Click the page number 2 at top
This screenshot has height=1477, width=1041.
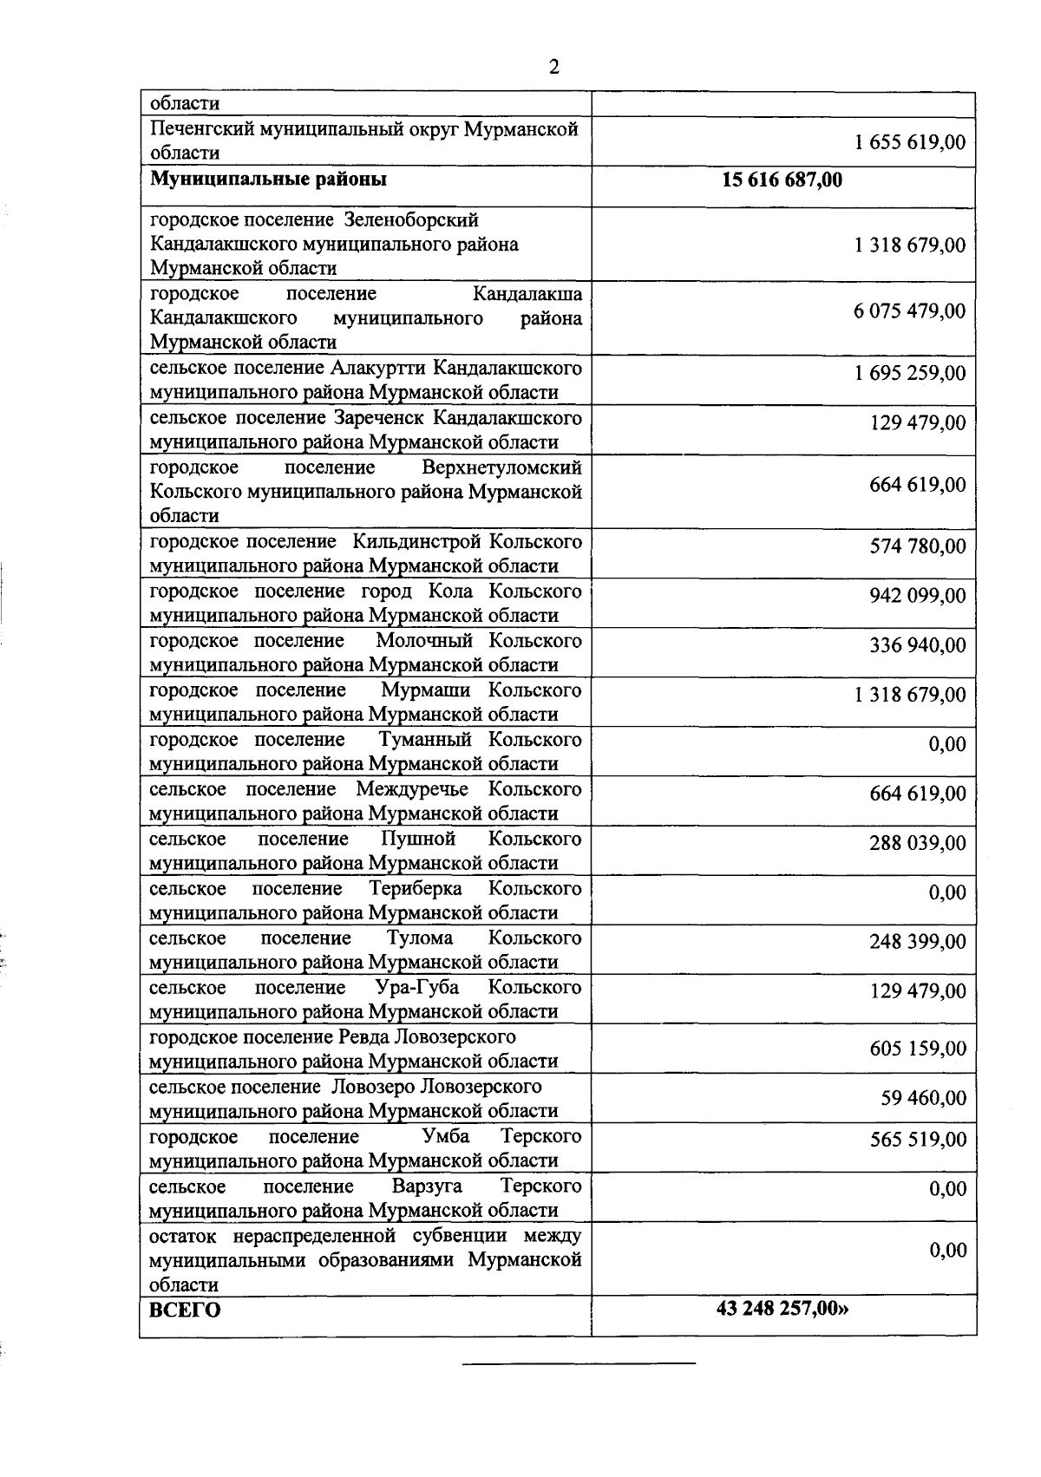tap(553, 68)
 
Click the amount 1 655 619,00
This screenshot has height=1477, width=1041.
tap(910, 142)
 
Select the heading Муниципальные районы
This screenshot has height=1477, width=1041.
tap(269, 180)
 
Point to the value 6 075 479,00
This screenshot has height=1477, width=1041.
tap(910, 310)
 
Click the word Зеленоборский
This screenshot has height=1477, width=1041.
tap(411, 219)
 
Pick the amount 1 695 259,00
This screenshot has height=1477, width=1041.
tap(910, 373)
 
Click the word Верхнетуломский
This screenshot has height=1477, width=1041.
tap(501, 467)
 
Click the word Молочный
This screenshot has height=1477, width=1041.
tap(425, 641)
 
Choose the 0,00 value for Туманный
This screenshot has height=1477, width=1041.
tap(947, 744)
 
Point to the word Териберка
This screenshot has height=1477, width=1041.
tap(416, 889)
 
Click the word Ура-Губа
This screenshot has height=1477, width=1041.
tap(417, 988)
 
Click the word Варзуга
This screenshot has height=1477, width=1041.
tap(427, 1186)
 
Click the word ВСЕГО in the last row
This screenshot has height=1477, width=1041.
tap(186, 1310)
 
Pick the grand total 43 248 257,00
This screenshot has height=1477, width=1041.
tap(782, 1308)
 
